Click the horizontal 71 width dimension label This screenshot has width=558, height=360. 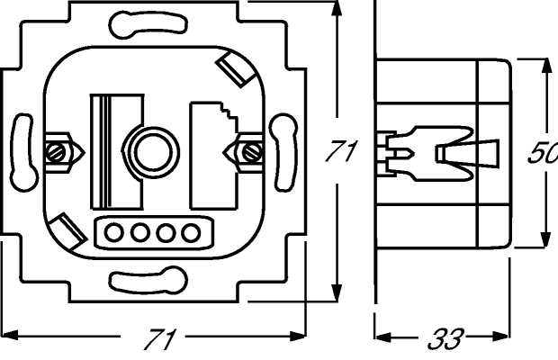[159, 339]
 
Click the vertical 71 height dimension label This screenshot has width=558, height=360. [340, 151]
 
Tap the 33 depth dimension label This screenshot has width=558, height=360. [445, 338]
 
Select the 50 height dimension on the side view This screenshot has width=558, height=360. [543, 154]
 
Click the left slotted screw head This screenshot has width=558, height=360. [56, 152]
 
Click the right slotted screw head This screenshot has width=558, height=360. [252, 152]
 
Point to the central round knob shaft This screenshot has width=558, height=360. [153, 153]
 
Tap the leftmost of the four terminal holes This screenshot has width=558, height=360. [114, 233]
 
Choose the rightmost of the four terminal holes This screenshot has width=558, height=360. [191, 233]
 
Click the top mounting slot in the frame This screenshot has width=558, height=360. [148, 24]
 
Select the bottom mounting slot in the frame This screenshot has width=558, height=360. [148, 280]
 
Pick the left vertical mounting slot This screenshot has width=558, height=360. [23, 152]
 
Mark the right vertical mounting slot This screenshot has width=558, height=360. [283, 152]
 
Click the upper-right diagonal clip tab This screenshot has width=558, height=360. [236, 69]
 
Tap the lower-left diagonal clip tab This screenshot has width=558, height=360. [67, 231]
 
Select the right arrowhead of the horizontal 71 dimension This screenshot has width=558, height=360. [298, 337]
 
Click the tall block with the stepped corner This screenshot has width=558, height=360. [213, 156]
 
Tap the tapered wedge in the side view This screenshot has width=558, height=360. [468, 154]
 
